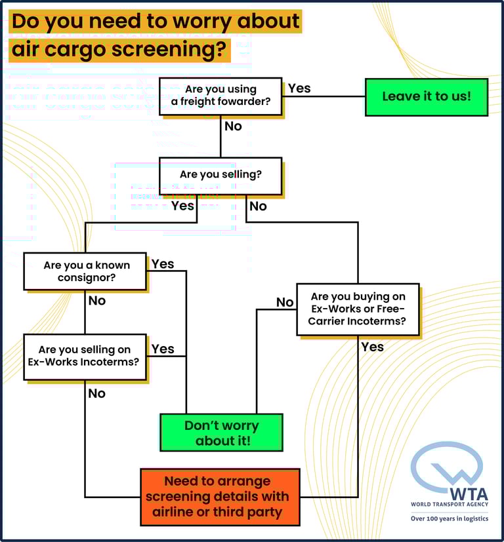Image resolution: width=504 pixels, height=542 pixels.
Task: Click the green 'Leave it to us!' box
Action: tap(426, 97)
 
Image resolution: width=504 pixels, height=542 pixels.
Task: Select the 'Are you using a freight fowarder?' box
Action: tap(220, 96)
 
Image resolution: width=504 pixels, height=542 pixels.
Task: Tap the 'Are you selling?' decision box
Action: tap(220, 176)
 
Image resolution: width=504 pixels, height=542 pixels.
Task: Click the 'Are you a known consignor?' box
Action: tap(85, 271)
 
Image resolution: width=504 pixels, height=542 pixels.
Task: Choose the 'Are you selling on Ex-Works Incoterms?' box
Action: tap(85, 357)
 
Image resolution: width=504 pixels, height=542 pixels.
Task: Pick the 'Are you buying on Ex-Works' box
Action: tap(358, 309)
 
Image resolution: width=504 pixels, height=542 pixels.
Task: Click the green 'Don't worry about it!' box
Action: tap(221, 433)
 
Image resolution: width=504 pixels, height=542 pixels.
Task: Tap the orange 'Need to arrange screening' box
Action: tap(220, 497)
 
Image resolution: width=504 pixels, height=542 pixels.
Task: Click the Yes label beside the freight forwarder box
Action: tap(299, 88)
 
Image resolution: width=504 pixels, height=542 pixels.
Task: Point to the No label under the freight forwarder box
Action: tap(233, 126)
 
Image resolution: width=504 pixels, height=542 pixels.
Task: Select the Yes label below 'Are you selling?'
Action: tap(182, 206)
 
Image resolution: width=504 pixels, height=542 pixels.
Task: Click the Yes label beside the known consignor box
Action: tap(163, 263)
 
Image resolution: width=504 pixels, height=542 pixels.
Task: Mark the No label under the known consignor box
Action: tap(96, 301)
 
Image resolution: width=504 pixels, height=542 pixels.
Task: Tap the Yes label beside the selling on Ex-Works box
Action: tap(163, 349)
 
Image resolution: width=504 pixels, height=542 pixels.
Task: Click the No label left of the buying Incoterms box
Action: tap(285, 302)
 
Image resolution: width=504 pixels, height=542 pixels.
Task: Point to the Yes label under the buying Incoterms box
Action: tap(372, 347)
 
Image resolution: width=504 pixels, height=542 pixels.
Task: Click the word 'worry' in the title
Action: tap(165, 21)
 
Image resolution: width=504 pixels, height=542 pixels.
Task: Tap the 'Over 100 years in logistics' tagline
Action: tap(450, 518)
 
